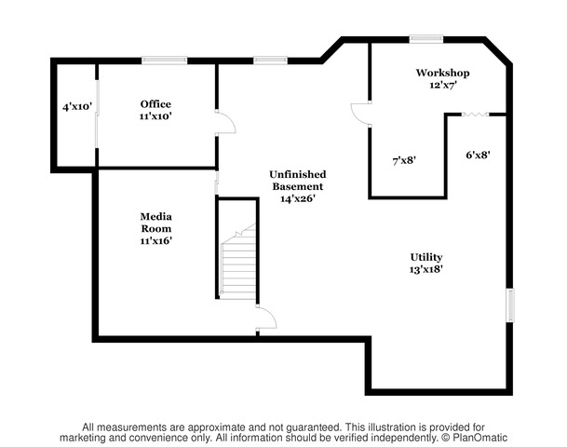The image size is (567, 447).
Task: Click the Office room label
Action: point(155,104)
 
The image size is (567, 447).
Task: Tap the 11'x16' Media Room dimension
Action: point(155,240)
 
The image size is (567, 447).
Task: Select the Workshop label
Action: point(442,73)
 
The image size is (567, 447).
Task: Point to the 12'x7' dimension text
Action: point(442,86)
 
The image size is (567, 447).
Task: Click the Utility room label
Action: point(426,257)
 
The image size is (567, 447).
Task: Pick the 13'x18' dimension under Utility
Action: point(426,269)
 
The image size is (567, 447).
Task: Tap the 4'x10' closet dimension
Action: point(77,107)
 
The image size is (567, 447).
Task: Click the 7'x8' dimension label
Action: point(404,160)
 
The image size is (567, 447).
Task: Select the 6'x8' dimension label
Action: point(478,156)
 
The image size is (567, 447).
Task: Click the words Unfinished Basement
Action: point(298,181)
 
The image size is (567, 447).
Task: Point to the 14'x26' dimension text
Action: point(298,198)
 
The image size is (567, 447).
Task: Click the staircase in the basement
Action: point(238,261)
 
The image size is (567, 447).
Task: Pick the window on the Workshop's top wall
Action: point(426,39)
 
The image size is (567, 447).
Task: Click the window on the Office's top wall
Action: point(164,61)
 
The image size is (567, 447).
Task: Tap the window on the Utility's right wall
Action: point(510,305)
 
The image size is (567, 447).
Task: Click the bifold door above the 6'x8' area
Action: point(476,115)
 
